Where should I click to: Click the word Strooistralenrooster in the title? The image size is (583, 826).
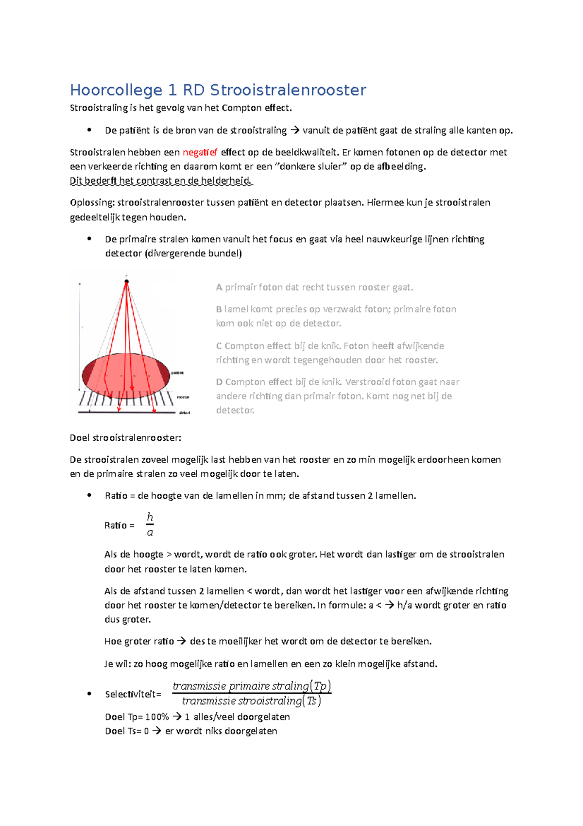point(288,90)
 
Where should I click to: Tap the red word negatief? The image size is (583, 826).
point(200,152)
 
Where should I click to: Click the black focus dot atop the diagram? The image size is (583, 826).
point(127,282)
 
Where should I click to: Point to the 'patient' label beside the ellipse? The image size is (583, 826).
point(177,373)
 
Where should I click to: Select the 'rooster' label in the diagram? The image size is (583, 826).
point(183,397)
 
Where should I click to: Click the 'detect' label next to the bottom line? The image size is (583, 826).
point(185,413)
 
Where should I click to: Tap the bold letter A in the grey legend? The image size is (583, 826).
point(219,287)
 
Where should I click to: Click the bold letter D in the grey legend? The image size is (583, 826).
point(219,382)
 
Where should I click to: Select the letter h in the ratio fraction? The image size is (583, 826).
point(150,517)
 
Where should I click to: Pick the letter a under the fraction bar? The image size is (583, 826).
point(150,533)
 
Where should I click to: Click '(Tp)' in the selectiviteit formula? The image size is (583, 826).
point(321,686)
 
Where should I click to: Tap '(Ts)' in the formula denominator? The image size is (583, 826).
point(312,701)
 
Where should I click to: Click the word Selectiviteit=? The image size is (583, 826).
point(133,694)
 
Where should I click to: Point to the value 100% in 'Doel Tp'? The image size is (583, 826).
point(157,717)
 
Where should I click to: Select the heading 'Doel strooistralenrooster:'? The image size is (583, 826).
point(125,438)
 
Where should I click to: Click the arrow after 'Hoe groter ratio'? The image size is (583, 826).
point(181,641)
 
